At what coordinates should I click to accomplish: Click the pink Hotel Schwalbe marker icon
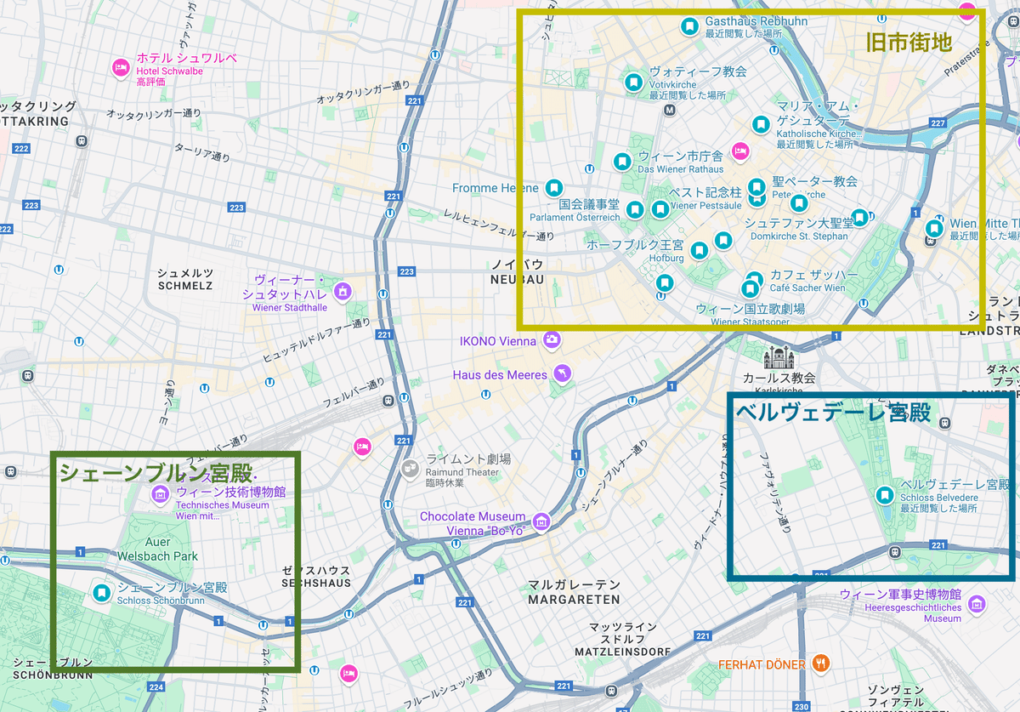121,66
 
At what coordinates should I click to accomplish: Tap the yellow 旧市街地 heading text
909,42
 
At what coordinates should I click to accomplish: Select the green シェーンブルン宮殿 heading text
156,473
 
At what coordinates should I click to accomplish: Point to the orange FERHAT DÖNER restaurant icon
820,664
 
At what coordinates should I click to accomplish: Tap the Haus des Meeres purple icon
561,374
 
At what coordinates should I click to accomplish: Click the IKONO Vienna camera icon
552,340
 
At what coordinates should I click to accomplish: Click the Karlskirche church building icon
777,357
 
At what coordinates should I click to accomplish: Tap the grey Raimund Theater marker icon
411,467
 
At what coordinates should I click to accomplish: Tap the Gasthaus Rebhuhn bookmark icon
689,27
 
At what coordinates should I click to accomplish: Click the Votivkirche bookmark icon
632,83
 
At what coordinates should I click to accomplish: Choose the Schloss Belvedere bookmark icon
885,495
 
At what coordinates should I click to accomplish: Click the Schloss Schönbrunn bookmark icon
101,593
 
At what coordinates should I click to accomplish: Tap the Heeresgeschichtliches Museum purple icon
977,604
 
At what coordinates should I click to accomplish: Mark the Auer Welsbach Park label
171,549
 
